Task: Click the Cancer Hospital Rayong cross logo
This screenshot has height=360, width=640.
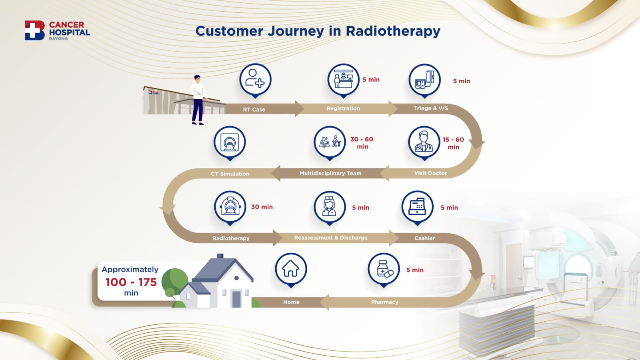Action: pyautogui.click(x=34, y=30)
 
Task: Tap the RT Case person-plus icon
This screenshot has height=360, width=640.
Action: pyautogui.click(x=255, y=80)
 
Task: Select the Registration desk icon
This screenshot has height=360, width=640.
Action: pyautogui.click(x=343, y=80)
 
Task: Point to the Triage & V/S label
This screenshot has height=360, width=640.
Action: pyautogui.click(x=431, y=108)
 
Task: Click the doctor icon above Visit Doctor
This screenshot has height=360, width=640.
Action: pyautogui.click(x=424, y=142)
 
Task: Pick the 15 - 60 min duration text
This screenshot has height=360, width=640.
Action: pyautogui.click(x=454, y=143)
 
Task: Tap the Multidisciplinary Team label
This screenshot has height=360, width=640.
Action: pyautogui.click(x=330, y=173)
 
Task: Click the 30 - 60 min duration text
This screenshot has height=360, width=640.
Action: pyautogui.click(x=362, y=142)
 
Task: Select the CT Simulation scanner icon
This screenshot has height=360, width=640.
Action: pyautogui.click(x=230, y=142)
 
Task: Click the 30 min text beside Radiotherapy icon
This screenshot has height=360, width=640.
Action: pyautogui.click(x=262, y=206)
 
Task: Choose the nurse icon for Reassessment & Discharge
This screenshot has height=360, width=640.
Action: pyautogui.click(x=330, y=207)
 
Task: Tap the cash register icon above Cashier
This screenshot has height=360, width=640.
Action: pyautogui.click(x=418, y=207)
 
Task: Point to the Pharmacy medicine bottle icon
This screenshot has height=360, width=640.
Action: pyautogui.click(x=384, y=269)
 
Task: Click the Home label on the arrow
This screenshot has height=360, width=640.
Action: pyautogui.click(x=292, y=302)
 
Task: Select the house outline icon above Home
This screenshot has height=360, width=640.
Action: pyautogui.click(x=291, y=269)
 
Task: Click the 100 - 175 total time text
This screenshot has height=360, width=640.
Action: pyautogui.click(x=131, y=282)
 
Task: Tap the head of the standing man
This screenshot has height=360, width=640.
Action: pyautogui.click(x=197, y=79)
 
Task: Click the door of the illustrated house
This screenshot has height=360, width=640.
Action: pyautogui.click(x=236, y=299)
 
